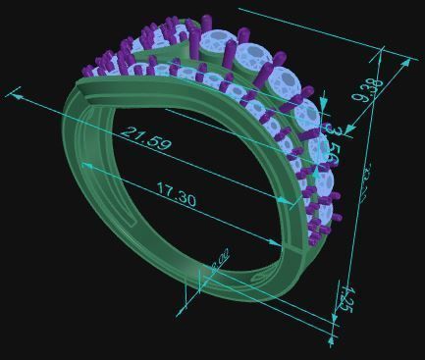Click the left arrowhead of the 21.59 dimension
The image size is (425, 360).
pyautogui.click(x=12, y=94)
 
